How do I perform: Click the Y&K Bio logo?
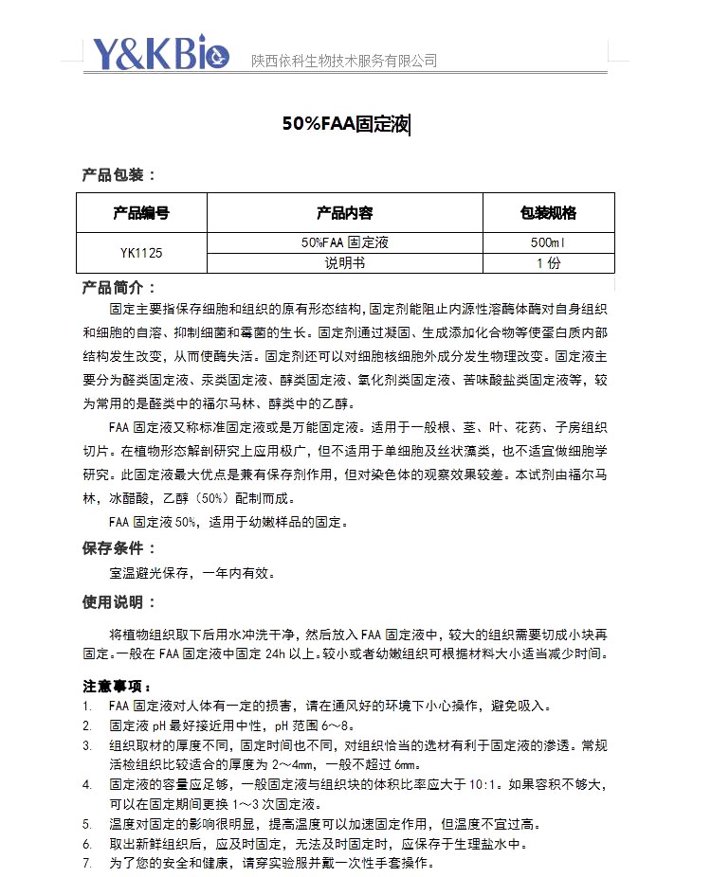pos(161,54)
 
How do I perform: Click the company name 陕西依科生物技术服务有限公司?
pos(344,61)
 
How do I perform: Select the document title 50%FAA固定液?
pos(346,123)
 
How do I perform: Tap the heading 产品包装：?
pos(118,174)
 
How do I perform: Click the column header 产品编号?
pos(141,212)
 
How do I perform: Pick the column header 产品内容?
pos(344,212)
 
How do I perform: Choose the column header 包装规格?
pos(548,212)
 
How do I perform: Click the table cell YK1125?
pos(141,253)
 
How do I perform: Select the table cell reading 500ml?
pos(548,242)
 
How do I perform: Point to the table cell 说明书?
pos(344,263)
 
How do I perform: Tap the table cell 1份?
pos(548,263)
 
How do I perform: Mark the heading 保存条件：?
pos(118,548)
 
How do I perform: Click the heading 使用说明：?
pos(118,602)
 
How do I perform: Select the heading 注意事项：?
pos(118,686)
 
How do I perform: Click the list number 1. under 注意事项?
pos(86,707)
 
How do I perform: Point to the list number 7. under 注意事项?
pos(86,864)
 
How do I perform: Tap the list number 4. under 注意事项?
pos(86,785)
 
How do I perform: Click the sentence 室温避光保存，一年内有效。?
pos(192,573)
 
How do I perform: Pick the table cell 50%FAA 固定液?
pos(344,242)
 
